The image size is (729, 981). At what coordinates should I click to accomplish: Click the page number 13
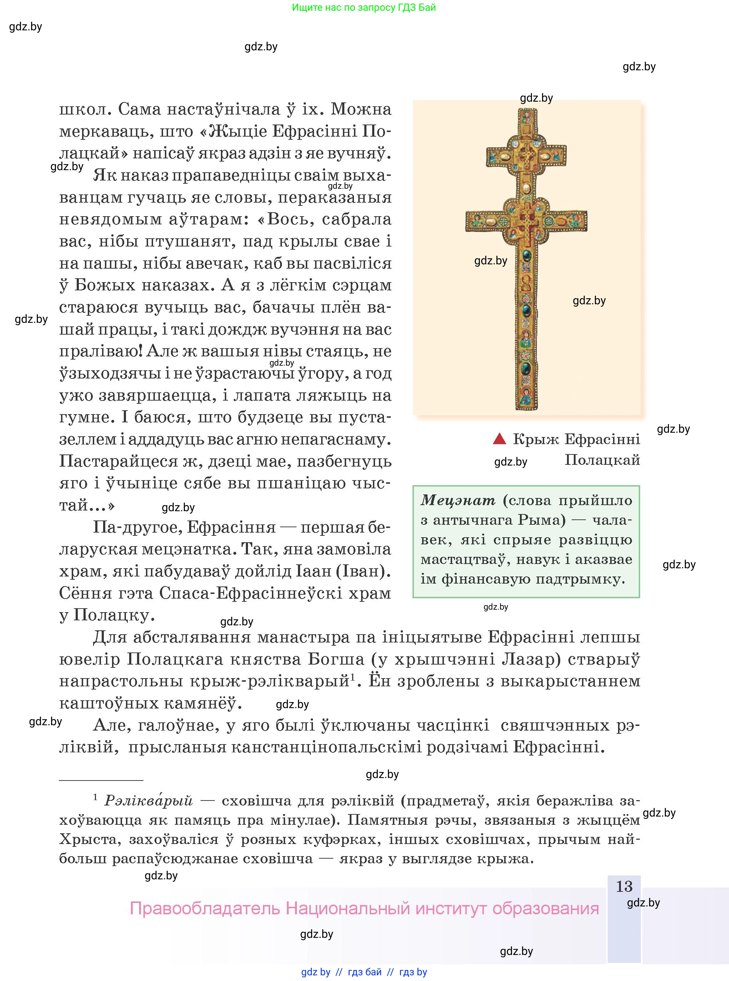tap(624, 886)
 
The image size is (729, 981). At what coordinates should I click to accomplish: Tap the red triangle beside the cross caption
tap(499, 439)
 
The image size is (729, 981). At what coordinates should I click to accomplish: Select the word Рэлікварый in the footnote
tap(149, 800)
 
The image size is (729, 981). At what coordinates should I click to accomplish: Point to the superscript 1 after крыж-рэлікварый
tap(353, 677)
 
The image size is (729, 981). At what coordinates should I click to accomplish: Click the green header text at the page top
tap(364, 7)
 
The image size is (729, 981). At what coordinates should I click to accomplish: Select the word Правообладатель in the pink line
tap(205, 909)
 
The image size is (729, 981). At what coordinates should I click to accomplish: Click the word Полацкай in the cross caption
tap(602, 460)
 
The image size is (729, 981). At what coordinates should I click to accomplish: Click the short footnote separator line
tap(101, 780)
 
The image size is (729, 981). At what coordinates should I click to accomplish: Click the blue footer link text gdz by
tap(315, 972)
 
